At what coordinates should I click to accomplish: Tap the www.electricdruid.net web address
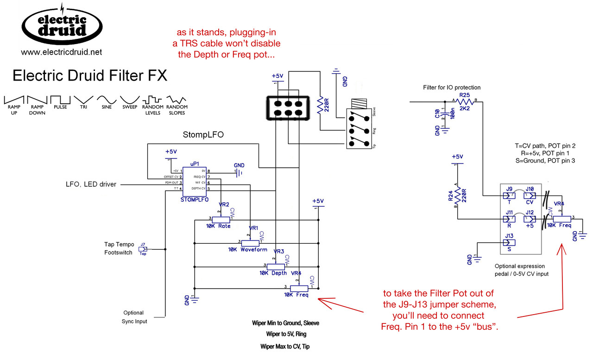(61, 52)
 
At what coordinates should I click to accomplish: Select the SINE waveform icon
(107, 100)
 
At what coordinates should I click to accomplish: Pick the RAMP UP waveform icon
(14, 100)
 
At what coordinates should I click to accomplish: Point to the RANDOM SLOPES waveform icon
(176, 100)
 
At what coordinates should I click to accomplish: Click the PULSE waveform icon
(60, 100)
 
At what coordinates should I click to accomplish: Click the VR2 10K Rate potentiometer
(222, 219)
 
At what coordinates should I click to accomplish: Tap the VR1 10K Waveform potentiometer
(251, 242)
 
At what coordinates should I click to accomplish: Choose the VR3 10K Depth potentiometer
(276, 266)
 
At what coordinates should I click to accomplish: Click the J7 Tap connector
(143, 249)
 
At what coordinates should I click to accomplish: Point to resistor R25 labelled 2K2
(464, 101)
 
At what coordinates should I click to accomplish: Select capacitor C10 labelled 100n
(445, 116)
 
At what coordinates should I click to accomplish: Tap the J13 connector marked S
(509, 242)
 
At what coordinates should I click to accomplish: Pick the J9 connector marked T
(509, 196)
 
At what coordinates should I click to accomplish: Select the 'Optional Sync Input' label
(133, 317)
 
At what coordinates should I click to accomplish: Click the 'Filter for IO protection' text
(452, 88)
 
